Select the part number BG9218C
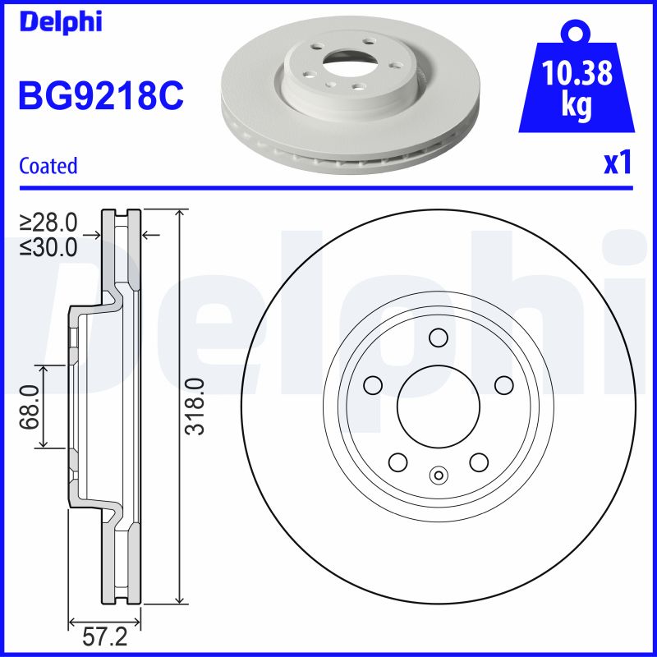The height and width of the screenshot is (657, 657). [100, 97]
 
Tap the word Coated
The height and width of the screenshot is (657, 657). [48, 166]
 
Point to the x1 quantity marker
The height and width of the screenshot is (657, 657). [618, 164]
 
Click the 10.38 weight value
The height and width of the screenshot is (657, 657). [577, 76]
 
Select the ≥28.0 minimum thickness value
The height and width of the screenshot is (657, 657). [49, 222]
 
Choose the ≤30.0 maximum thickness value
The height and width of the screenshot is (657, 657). [49, 246]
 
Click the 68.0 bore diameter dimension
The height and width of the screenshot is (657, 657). [30, 407]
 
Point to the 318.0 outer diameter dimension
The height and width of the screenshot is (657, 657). [195, 407]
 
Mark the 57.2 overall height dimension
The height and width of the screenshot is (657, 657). [105, 637]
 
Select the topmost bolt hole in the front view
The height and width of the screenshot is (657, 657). [438, 338]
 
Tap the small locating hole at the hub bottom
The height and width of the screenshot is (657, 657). [438, 474]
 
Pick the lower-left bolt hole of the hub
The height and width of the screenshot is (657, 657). [397, 462]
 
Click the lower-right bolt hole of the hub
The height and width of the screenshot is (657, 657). [478, 462]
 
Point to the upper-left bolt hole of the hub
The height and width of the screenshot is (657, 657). [374, 384]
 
